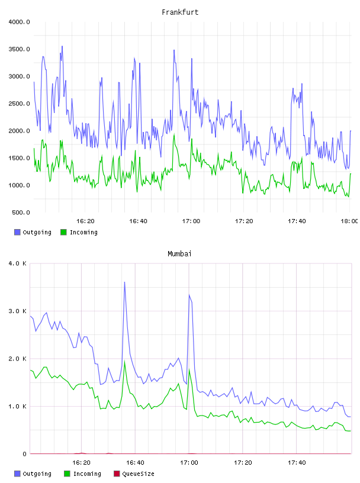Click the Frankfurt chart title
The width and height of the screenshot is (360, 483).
tap(180, 12)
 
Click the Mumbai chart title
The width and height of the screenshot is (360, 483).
tap(179, 254)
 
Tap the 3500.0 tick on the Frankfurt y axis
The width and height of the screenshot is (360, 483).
tap(19, 49)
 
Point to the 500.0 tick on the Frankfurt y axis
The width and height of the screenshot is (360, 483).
tap(21, 212)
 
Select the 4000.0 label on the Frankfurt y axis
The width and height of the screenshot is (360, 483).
tap(19, 22)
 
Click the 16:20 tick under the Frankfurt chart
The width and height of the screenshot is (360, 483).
tap(85, 221)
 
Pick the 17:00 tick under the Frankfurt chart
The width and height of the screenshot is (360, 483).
tap(191, 221)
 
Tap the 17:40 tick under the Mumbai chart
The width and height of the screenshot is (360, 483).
tap(297, 463)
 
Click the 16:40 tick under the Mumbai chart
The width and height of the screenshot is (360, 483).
tap(135, 463)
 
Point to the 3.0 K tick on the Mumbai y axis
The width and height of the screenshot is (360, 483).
tap(17, 311)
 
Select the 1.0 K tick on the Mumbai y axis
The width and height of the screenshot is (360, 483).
tap(17, 407)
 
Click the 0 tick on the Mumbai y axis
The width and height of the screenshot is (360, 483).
tap(25, 454)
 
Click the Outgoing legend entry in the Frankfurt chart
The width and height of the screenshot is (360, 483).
tap(33, 232)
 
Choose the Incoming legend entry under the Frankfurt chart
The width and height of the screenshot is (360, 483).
tap(79, 232)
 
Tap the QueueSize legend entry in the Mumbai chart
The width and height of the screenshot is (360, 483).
tap(134, 474)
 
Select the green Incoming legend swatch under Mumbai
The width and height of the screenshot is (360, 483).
tap(67, 474)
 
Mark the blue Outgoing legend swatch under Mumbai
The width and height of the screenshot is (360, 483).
tap(17, 474)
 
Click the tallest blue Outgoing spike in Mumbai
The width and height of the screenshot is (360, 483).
tap(124, 282)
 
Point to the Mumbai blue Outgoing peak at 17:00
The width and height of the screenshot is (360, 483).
tap(189, 295)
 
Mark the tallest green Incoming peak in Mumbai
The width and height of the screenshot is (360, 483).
tap(124, 360)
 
